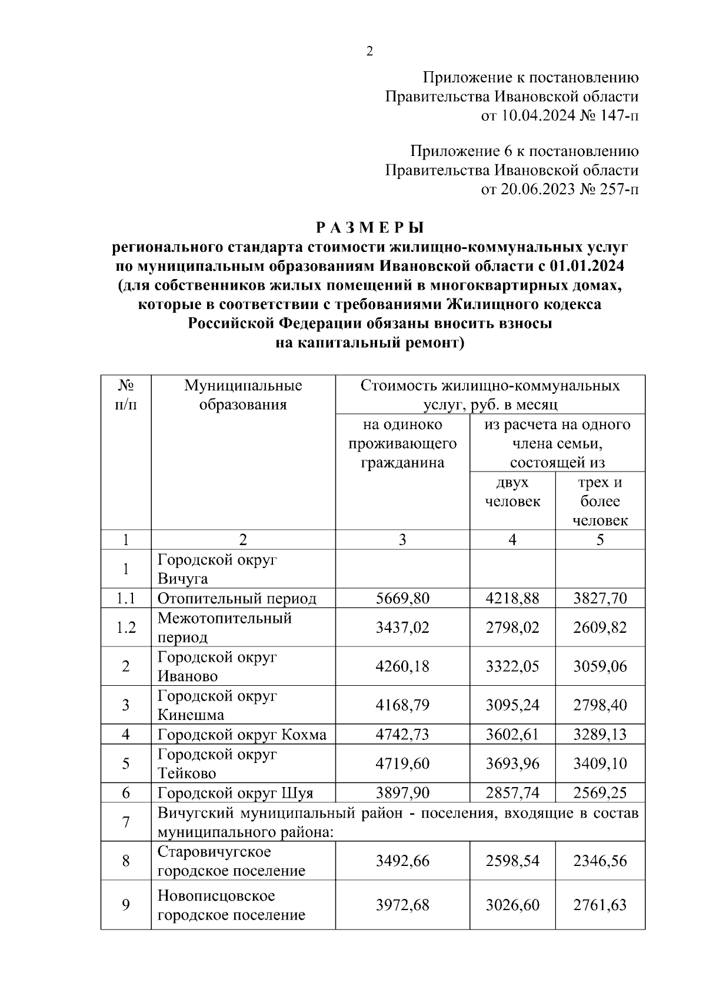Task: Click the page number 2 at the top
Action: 369,52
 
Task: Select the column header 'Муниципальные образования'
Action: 243,395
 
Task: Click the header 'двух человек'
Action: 512,492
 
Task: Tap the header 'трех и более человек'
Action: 600,501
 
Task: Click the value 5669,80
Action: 402,599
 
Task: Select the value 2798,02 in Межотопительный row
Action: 512,628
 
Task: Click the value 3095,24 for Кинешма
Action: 512,705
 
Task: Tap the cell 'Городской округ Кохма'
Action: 242,735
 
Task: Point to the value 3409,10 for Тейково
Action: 600,764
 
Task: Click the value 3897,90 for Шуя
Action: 402,793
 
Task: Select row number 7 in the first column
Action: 126,822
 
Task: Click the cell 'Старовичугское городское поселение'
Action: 231,861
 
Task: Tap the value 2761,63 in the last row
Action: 600,905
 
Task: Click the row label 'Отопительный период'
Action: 237,599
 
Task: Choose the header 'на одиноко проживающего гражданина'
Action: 402,443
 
